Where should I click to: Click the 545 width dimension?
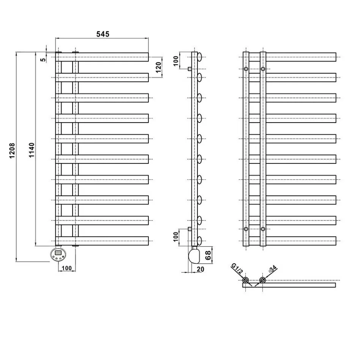[x=103, y=34]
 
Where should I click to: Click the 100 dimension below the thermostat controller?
[x=66, y=268]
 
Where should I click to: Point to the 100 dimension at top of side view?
[x=176, y=61]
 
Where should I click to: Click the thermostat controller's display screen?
[x=58, y=252]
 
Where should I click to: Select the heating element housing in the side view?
[x=194, y=256]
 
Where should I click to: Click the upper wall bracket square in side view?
[x=189, y=69]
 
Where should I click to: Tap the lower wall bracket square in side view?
[x=189, y=229]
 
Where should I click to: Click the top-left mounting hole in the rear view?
[x=246, y=69]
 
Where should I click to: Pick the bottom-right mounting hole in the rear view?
[x=263, y=229]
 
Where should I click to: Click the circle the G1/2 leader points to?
[x=246, y=281]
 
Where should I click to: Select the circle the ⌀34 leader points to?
[x=262, y=281]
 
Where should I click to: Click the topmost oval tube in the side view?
[x=199, y=57]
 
